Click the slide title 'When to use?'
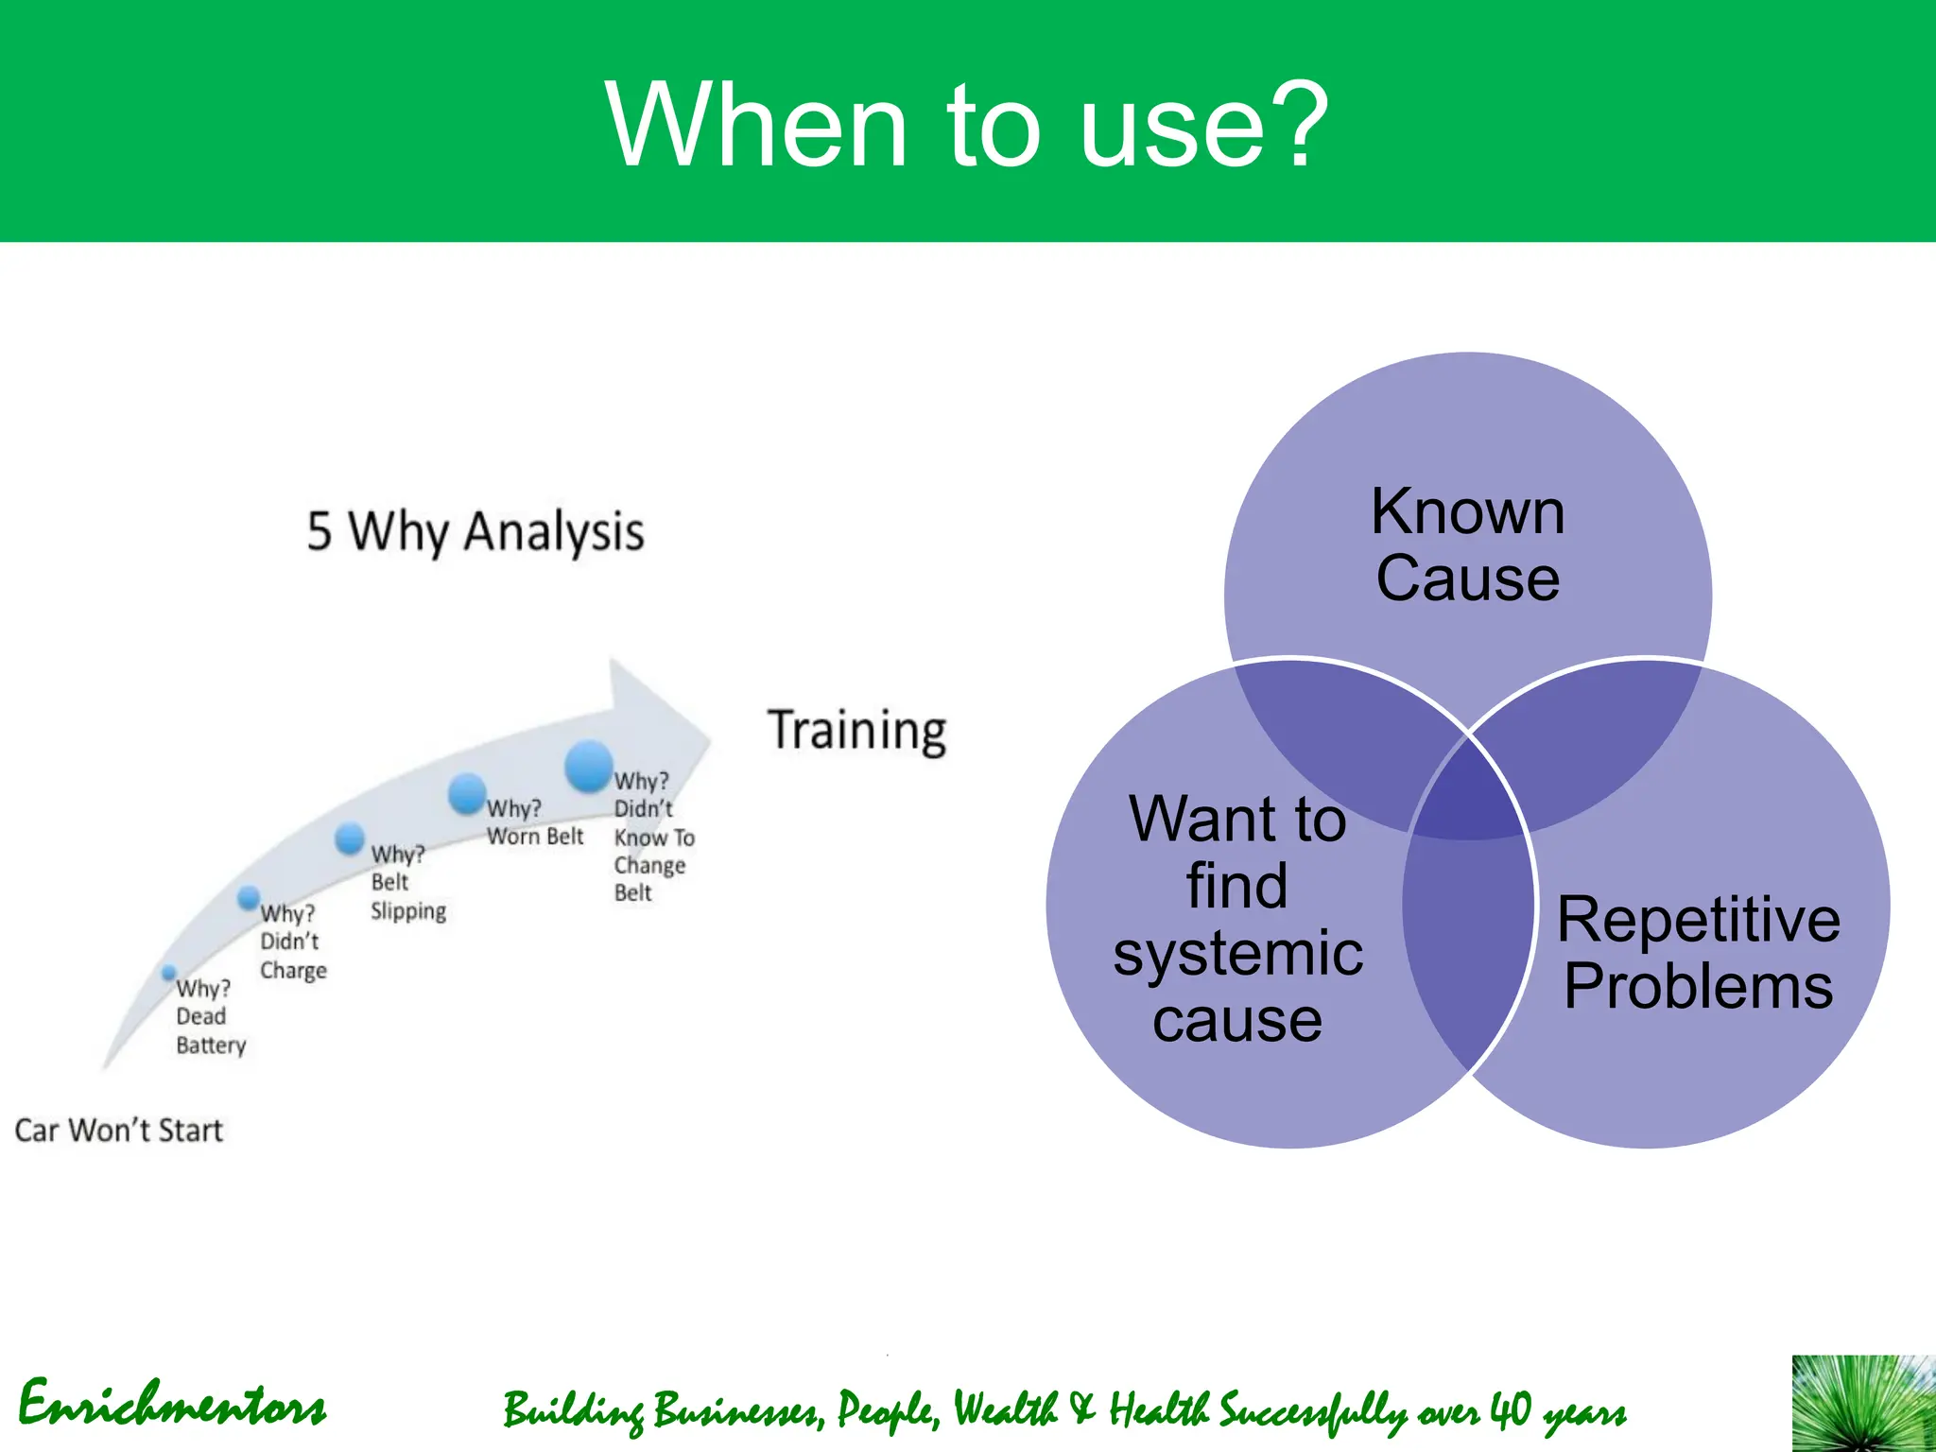pos(966,125)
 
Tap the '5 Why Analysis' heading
pos(475,531)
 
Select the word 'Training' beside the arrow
pos(856,731)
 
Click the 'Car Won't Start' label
pos(119,1131)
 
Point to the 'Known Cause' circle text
pos(1467,544)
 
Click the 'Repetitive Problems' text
pos(1698,952)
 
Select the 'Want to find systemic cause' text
pos(1237,919)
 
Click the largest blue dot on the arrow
pos(589,766)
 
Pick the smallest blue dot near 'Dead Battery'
pos(169,972)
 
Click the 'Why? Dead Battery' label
pos(210,1016)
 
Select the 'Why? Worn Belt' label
pos(534,822)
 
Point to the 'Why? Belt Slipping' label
pos(406,882)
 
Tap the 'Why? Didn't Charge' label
pos(292,942)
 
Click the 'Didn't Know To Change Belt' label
pos(652,838)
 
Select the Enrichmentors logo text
pos(172,1405)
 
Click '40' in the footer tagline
pos(1510,1409)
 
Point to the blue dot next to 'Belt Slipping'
pos(350,838)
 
